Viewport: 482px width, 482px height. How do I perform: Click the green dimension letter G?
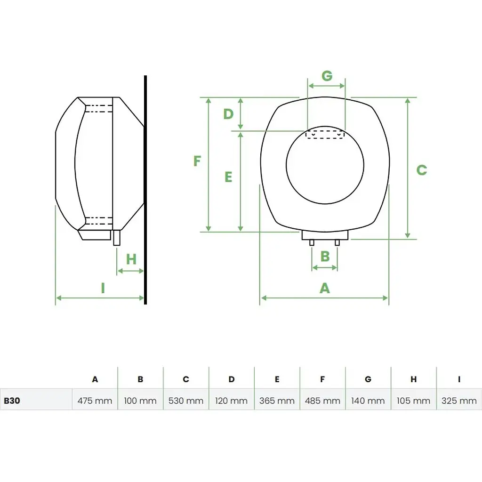click(x=327, y=75)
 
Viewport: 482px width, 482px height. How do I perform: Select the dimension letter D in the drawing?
click(x=228, y=114)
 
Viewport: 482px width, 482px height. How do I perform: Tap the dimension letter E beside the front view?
click(x=228, y=177)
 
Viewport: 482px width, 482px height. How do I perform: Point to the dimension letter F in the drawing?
click(x=197, y=161)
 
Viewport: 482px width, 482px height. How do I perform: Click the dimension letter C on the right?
click(x=421, y=170)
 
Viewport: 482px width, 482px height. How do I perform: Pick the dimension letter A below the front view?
click(x=324, y=288)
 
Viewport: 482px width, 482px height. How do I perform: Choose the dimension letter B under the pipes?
click(x=325, y=257)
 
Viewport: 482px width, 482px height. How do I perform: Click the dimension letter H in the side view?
click(x=131, y=259)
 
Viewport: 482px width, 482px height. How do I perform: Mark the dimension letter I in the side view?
click(x=103, y=288)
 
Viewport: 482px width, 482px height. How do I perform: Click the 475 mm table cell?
click(x=95, y=401)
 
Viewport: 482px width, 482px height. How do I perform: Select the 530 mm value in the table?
click(x=186, y=401)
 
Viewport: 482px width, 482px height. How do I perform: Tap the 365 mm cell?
click(x=277, y=401)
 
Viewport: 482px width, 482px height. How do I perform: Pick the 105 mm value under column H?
click(x=413, y=401)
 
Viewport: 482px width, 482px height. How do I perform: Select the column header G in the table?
click(x=368, y=379)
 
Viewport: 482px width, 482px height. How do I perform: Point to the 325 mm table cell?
click(x=459, y=401)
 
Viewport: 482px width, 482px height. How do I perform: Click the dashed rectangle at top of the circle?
click(x=325, y=135)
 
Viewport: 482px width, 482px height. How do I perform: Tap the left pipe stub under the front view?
click(x=312, y=242)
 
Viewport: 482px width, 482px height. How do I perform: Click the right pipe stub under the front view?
click(x=337, y=242)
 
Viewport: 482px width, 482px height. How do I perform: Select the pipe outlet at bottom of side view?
click(x=117, y=237)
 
